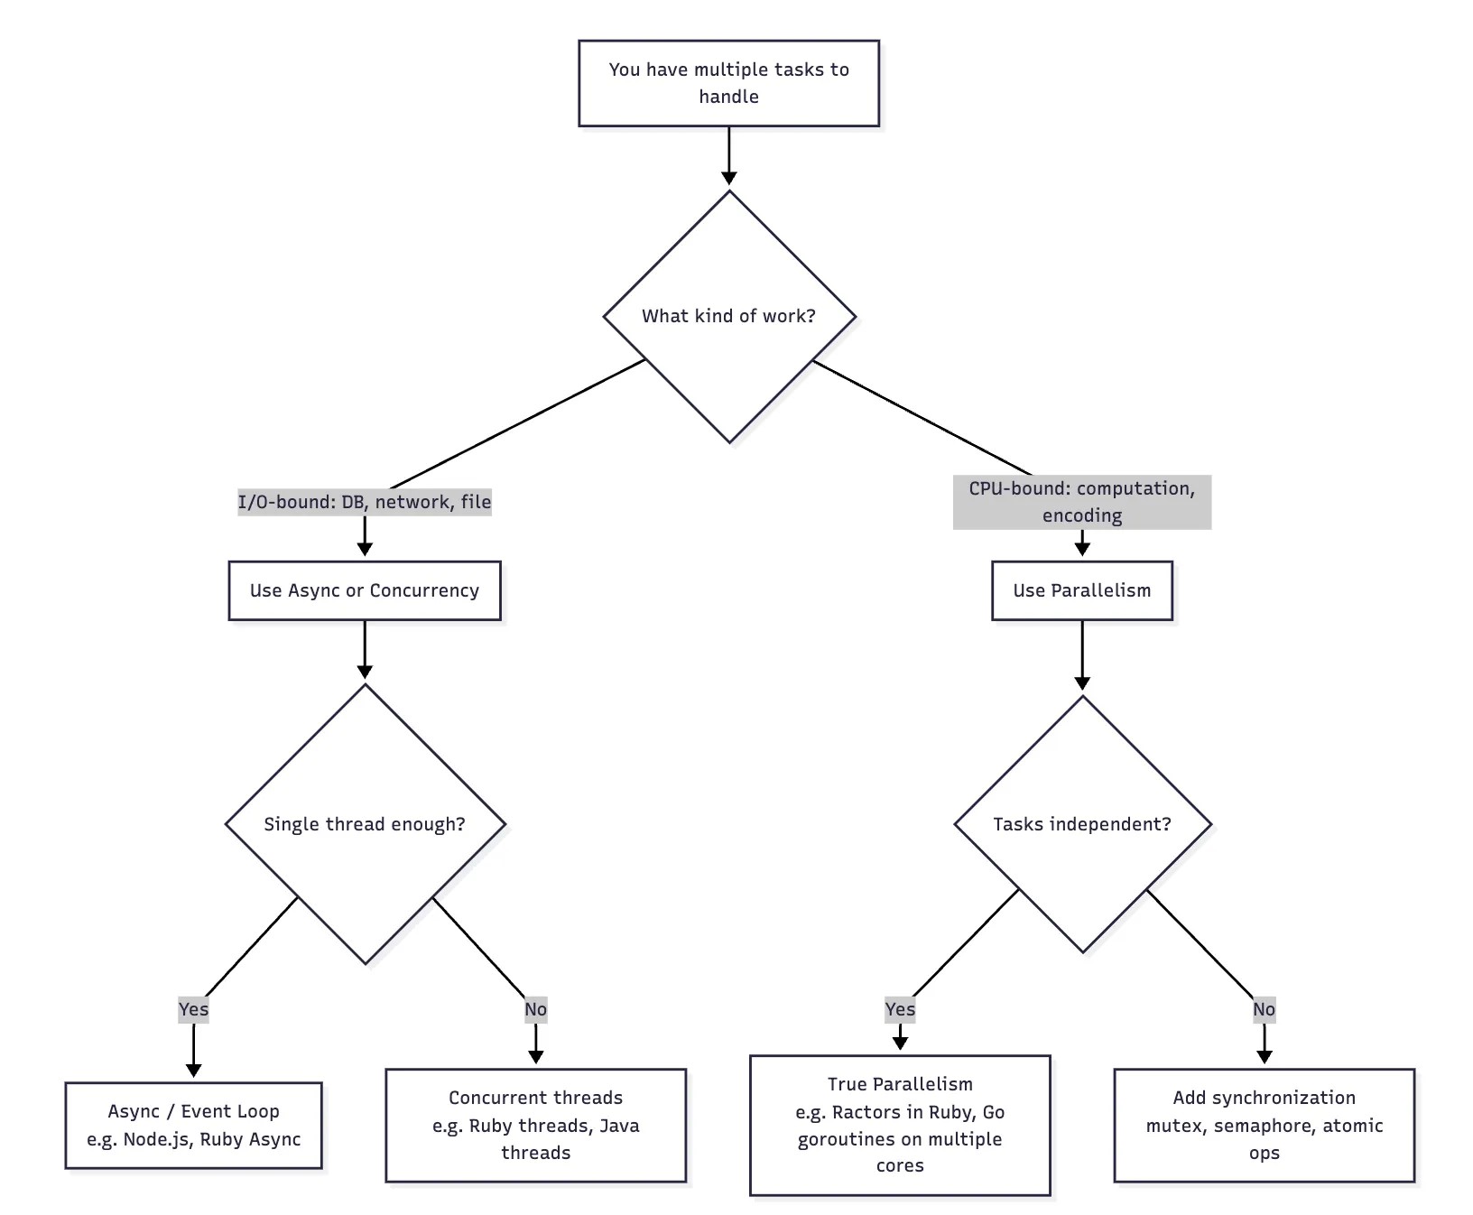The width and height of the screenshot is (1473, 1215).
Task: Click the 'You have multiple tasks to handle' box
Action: [728, 83]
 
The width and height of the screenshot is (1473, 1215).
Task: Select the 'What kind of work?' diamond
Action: [729, 317]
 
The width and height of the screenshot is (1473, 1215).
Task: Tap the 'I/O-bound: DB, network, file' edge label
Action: [365, 502]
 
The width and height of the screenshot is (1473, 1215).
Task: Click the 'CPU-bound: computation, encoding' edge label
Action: [1082, 502]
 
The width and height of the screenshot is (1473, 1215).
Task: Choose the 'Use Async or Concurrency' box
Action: [365, 590]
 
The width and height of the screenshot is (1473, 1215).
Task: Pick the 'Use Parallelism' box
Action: [1082, 590]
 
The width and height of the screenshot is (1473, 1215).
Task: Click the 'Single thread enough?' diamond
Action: [365, 824]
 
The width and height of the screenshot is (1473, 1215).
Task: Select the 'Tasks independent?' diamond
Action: [1082, 824]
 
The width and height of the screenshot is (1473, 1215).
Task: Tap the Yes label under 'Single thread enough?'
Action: [193, 1009]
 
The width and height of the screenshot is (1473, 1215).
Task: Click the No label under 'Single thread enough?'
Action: [536, 1009]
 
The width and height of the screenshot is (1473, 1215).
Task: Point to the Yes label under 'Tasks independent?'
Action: [900, 1009]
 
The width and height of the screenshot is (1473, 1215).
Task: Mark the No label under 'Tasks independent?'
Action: [1265, 1009]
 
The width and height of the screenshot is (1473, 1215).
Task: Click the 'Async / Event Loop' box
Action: [193, 1125]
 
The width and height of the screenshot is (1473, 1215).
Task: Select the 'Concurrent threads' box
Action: [536, 1125]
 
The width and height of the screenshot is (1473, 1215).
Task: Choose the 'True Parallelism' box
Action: [900, 1125]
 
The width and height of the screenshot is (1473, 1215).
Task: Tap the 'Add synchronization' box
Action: [1265, 1125]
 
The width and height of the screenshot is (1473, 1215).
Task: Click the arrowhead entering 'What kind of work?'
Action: [729, 178]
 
